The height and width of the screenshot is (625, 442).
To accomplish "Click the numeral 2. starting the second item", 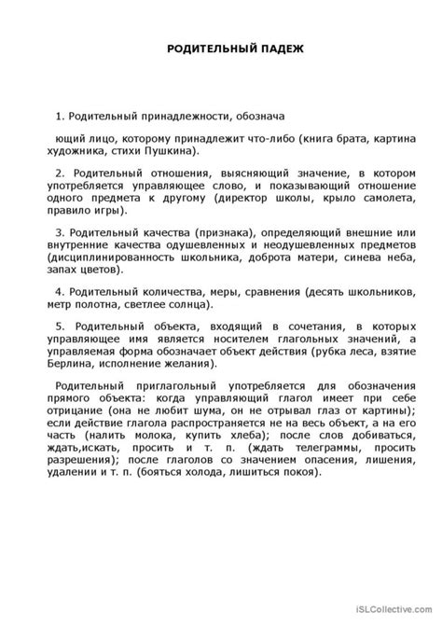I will pyautogui.click(x=59, y=173).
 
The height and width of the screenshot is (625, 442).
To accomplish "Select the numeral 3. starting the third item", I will pyautogui.click(x=59, y=232).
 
